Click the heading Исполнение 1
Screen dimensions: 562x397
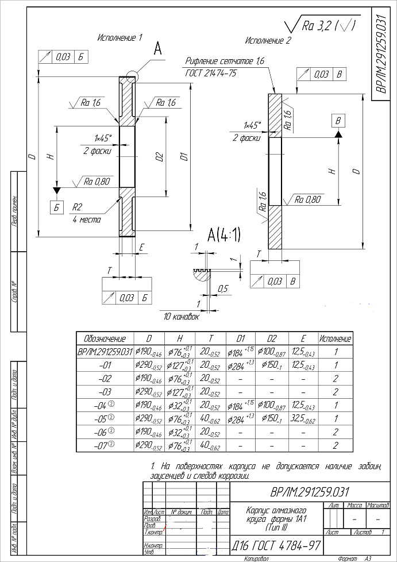point(120,37)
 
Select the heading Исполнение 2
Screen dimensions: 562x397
point(268,41)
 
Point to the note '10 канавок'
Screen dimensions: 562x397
point(182,317)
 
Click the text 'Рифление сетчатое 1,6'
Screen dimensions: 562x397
point(225,61)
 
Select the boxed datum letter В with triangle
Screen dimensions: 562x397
point(338,121)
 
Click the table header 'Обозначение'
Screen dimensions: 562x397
point(105,338)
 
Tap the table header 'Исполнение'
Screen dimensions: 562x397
point(336,338)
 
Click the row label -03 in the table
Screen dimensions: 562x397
point(105,392)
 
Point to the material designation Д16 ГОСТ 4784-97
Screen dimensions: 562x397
point(276,544)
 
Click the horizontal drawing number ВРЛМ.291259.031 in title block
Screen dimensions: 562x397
point(309,492)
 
